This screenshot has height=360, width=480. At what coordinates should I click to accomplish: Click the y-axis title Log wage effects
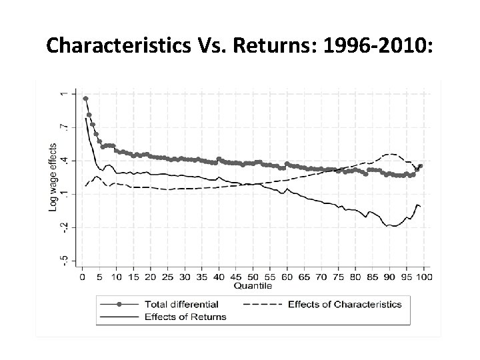click(53, 177)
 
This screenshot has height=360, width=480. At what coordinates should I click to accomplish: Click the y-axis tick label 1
click(64, 94)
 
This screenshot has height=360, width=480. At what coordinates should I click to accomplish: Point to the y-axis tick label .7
click(64, 127)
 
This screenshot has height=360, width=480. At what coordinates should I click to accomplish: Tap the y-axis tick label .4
click(64, 160)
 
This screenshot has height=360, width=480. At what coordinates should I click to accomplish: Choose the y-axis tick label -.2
click(64, 227)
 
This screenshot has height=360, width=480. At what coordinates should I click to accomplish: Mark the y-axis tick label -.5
click(64, 259)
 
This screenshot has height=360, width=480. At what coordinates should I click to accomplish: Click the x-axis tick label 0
click(81, 276)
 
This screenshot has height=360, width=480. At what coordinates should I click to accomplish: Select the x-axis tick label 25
click(167, 276)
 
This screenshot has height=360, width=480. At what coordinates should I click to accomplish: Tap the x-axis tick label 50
click(253, 276)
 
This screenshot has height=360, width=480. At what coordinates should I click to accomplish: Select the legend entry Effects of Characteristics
click(345, 305)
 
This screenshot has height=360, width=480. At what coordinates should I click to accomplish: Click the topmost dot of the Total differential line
click(85, 99)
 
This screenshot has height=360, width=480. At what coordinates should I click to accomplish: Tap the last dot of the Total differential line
click(421, 166)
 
